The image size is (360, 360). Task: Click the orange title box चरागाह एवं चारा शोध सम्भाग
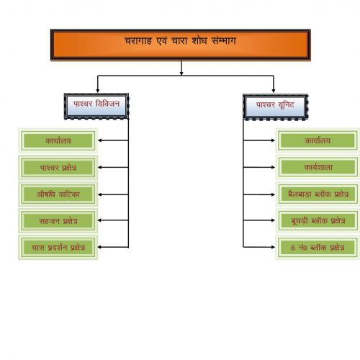181,45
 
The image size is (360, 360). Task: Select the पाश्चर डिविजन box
96,106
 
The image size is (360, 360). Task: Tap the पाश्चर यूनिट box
275,107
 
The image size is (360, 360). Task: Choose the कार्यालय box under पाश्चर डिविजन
58,140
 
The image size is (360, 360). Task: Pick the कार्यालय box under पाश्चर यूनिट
318,140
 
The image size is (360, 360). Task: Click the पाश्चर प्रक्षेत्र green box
58,168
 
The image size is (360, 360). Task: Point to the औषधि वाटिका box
58,194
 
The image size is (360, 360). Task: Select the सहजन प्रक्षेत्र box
58,221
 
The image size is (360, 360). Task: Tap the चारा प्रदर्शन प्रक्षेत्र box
58,248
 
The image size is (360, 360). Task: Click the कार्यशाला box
318,167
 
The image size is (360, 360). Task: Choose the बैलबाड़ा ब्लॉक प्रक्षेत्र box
318,194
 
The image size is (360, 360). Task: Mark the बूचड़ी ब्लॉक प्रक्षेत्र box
318,221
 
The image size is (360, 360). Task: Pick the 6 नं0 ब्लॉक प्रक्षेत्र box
318,248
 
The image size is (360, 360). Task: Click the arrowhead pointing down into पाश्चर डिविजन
97,91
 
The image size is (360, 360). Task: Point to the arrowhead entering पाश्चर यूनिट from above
274,91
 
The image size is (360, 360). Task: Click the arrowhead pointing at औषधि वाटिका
100,194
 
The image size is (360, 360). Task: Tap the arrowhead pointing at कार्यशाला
273,167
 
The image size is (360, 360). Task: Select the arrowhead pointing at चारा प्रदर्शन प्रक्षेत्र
100,247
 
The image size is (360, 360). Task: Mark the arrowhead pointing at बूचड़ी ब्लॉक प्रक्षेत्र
273,220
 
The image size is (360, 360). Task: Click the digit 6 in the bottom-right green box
293,248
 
